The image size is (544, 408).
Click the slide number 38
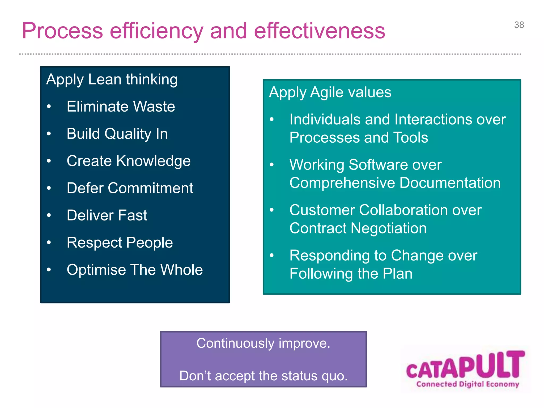click(x=519, y=25)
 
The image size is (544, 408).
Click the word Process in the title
click(x=62, y=31)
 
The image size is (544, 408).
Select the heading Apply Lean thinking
click(x=112, y=79)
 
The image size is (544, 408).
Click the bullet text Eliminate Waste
click(x=121, y=107)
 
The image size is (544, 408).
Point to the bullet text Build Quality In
click(x=117, y=134)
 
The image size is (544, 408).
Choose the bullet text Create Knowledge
click(x=129, y=161)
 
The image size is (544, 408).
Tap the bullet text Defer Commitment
click(x=130, y=188)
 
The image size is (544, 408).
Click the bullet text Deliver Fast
click(x=107, y=215)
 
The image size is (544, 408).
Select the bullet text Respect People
click(x=120, y=243)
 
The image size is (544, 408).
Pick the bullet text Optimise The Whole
click(x=135, y=270)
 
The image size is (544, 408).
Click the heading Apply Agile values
click(x=330, y=92)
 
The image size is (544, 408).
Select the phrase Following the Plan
click(x=351, y=274)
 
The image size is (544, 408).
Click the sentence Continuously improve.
click(x=263, y=343)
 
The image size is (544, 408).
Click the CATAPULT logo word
click(x=465, y=365)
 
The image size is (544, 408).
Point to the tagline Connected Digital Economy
click(x=467, y=384)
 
